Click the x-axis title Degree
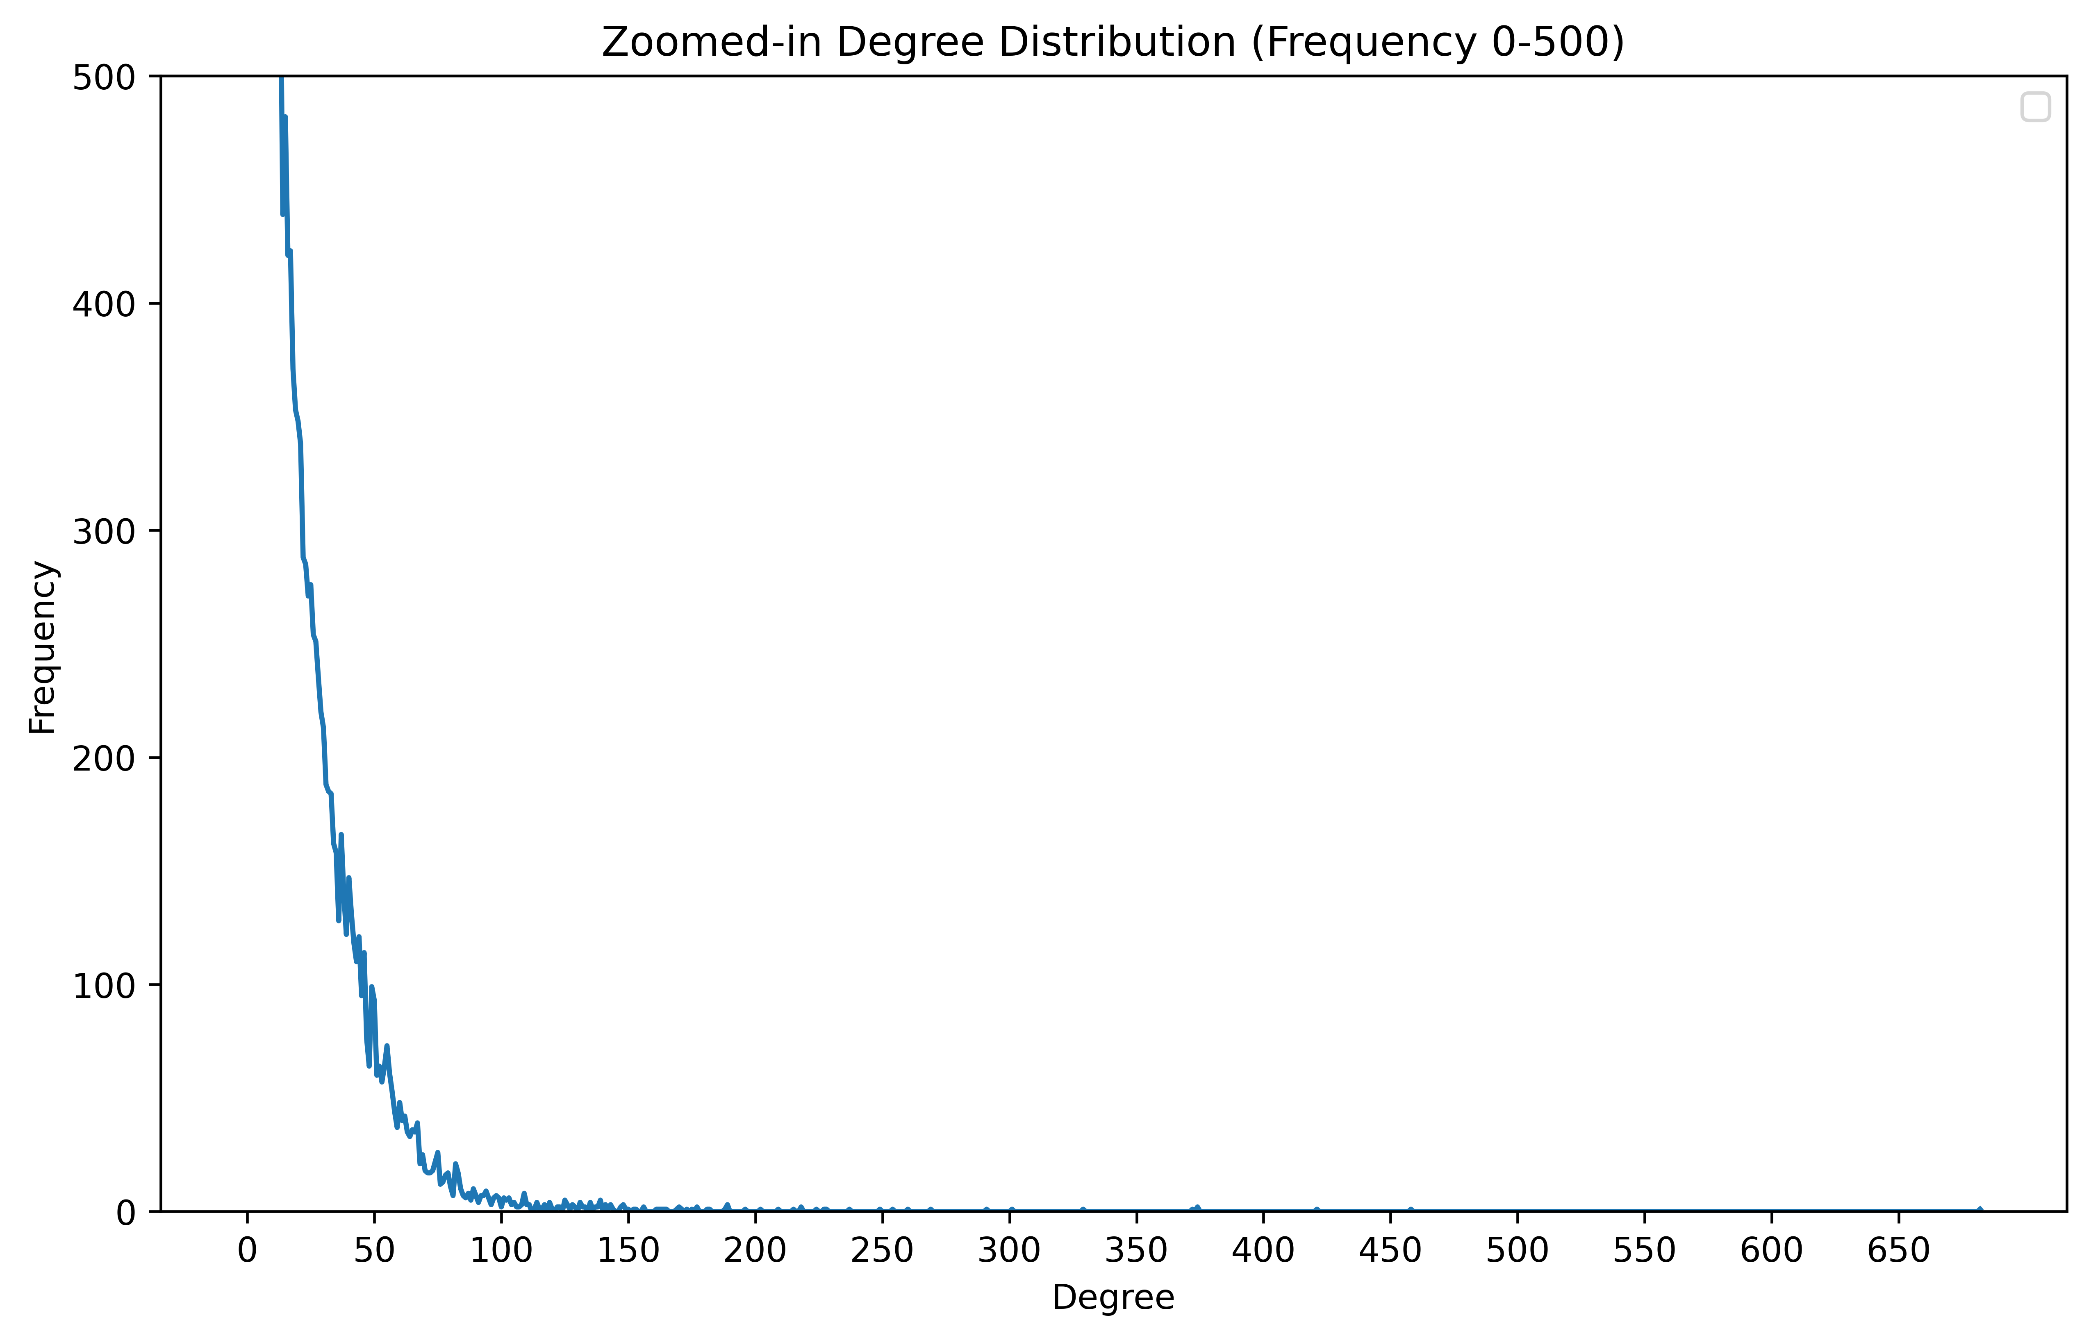click(x=1113, y=1297)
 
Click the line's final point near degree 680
click(x=1980, y=1209)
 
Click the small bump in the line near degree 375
click(x=1197, y=1208)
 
